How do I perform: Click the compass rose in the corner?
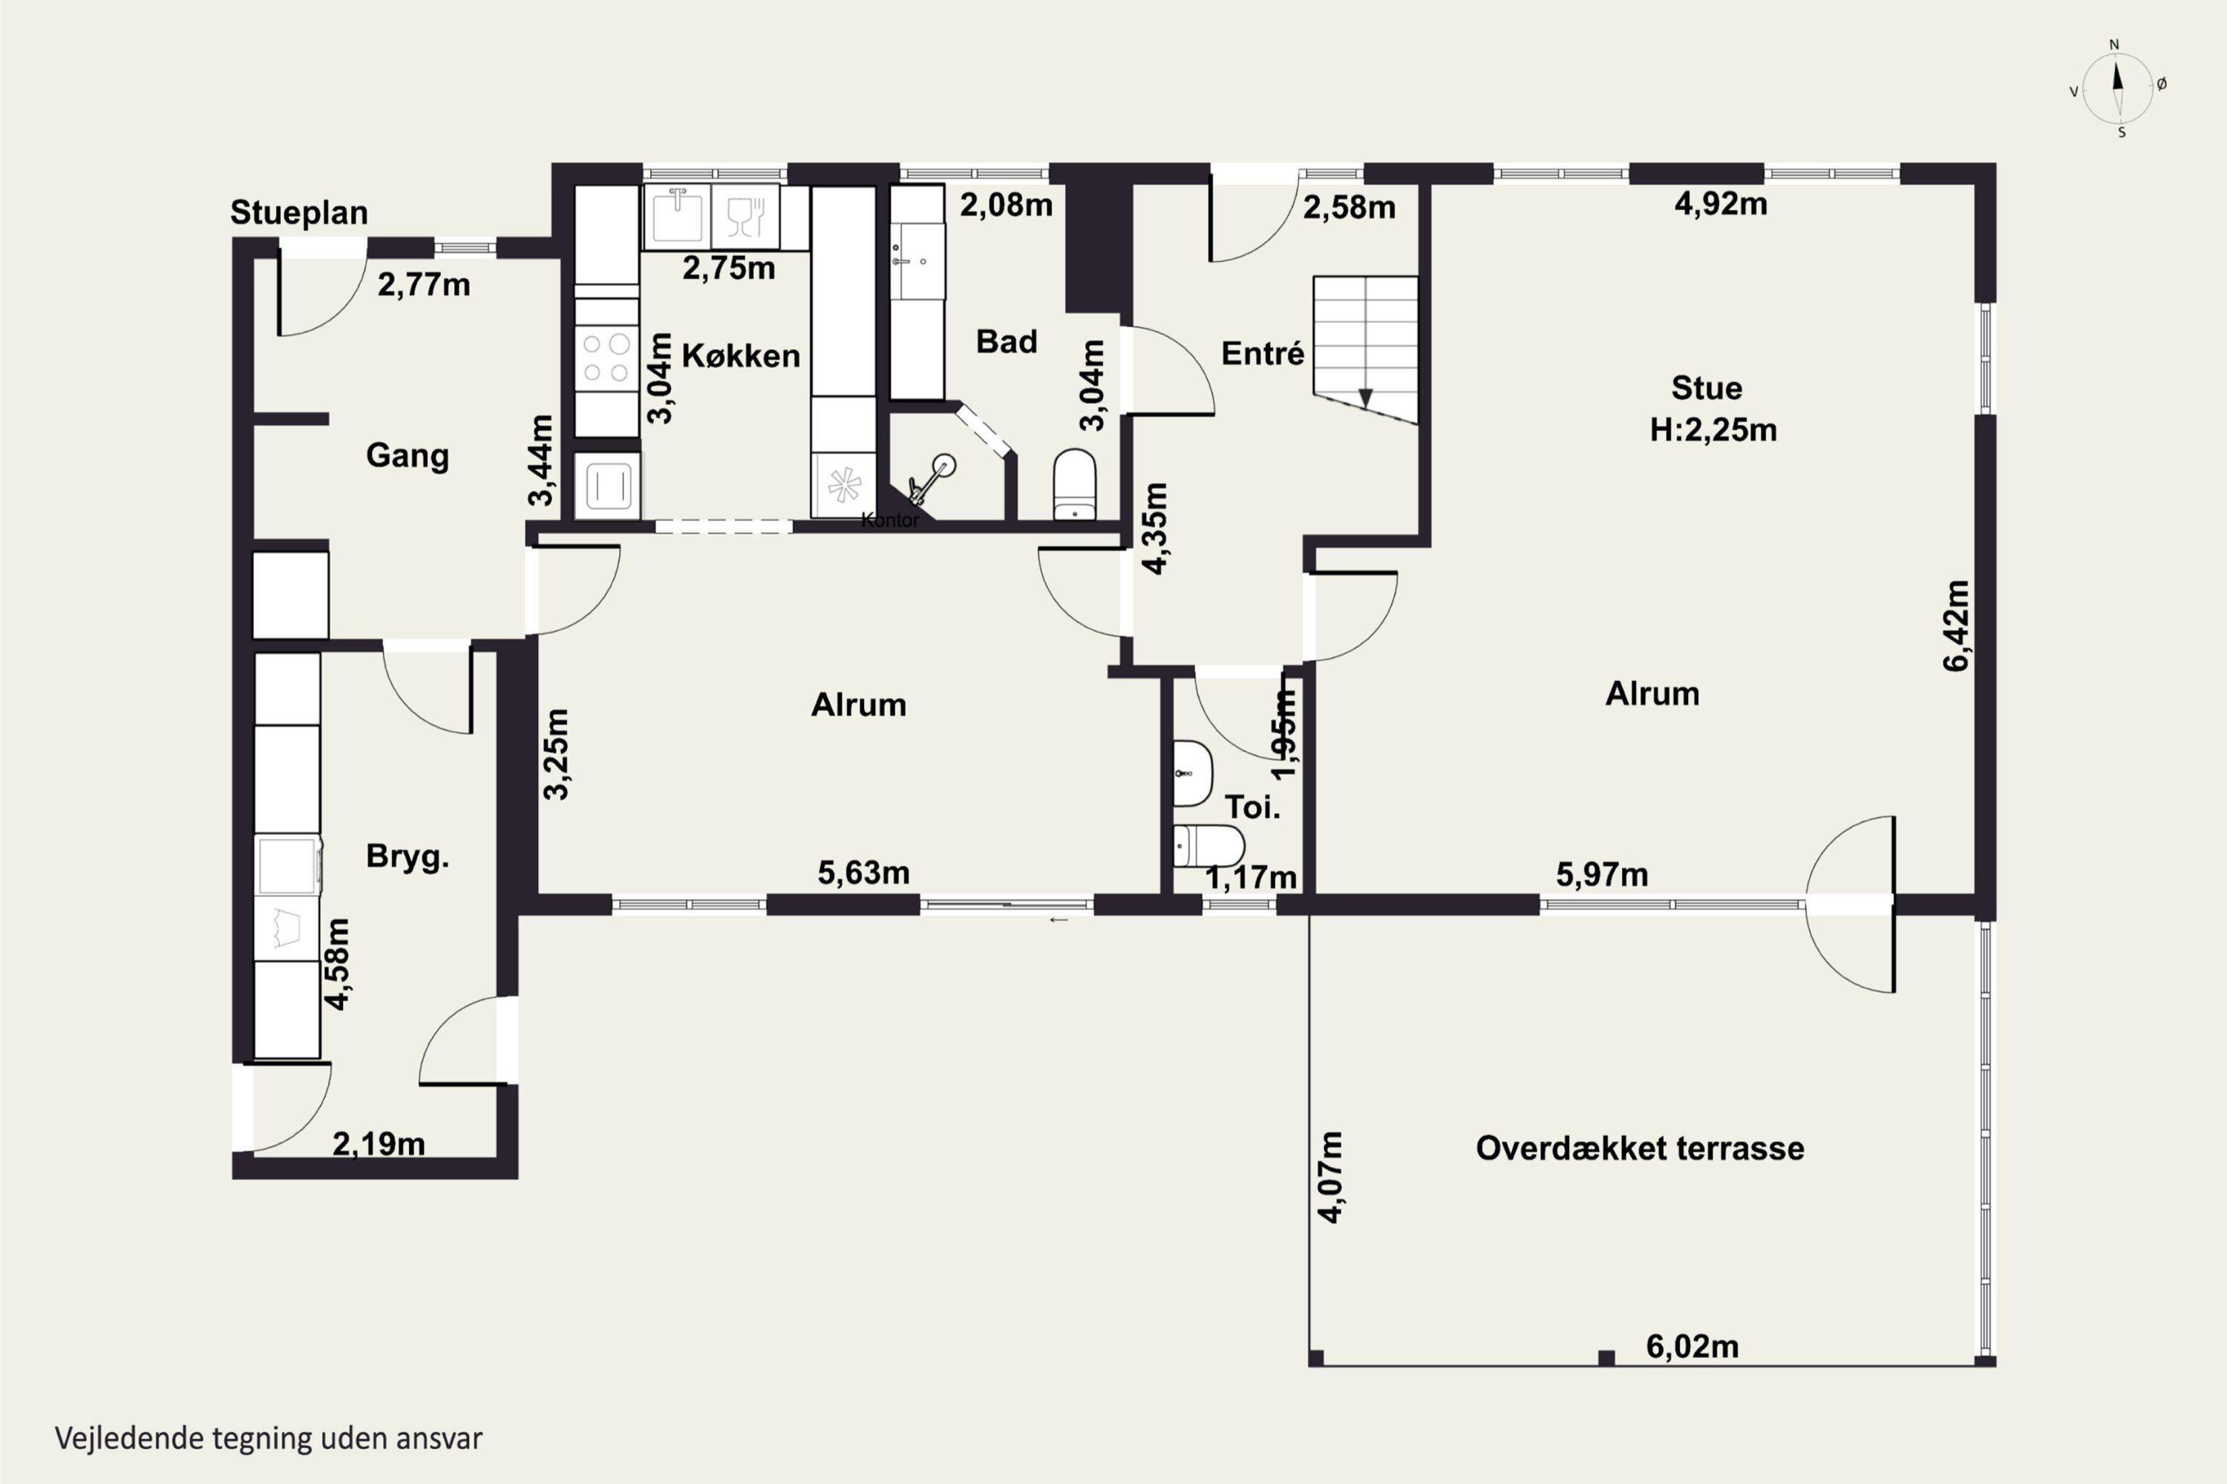tap(2118, 88)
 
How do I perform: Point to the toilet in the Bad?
tap(1075, 484)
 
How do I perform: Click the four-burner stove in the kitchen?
tap(607, 358)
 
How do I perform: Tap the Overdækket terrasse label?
tap(1640, 1148)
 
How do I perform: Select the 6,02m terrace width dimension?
tap(1692, 1346)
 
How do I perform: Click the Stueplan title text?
tap(299, 213)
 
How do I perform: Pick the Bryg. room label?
tap(407, 856)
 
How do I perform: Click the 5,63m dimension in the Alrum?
tap(863, 872)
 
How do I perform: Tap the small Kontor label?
tap(890, 519)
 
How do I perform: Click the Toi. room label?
tap(1253, 807)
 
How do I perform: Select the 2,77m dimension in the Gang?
tap(423, 284)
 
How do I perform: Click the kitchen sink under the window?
tap(677, 217)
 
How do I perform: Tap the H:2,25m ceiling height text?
tap(1713, 430)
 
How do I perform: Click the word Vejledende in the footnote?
tap(128, 1439)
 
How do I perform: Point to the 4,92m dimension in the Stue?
tap(1721, 203)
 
